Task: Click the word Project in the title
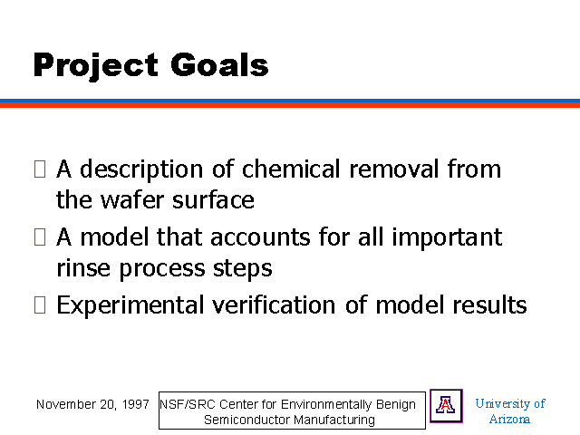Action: pos(96,65)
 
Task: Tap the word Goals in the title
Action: pos(219,64)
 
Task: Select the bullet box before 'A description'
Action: pos(40,169)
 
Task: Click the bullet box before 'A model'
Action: pos(40,237)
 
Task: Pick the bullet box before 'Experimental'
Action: pos(40,305)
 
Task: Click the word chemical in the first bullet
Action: pos(291,169)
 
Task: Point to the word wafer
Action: pos(132,199)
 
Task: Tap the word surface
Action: pos(214,199)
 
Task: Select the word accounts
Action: pos(260,237)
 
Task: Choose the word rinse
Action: pos(83,267)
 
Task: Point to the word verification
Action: pos(274,305)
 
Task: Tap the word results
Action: pos(489,305)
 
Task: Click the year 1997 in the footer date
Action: pos(135,404)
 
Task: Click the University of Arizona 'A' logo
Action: pos(446,406)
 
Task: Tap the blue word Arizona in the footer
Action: pos(509,419)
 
